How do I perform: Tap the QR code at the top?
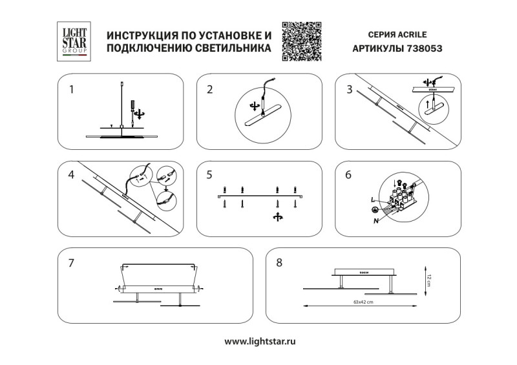[302, 41]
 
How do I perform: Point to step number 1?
[73, 90]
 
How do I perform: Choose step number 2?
[210, 90]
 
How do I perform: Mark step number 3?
[350, 90]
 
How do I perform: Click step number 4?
[72, 175]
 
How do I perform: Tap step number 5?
[210, 175]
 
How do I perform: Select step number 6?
[350, 175]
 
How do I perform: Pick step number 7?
[72, 263]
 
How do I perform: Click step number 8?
[279, 263]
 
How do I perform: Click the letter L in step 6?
[373, 202]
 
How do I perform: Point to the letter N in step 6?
[376, 220]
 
